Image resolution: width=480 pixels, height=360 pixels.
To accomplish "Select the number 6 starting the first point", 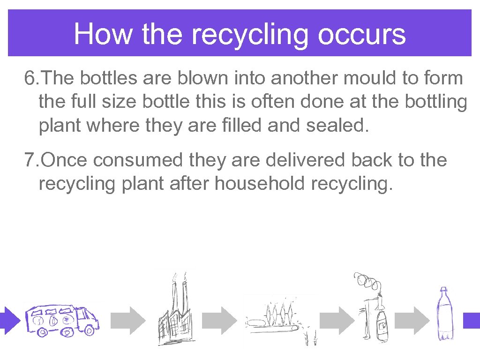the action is pos(30,79).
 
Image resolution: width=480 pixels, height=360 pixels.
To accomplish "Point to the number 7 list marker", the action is pos(30,161).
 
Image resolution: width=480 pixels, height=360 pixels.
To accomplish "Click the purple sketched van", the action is pos(62,320).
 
